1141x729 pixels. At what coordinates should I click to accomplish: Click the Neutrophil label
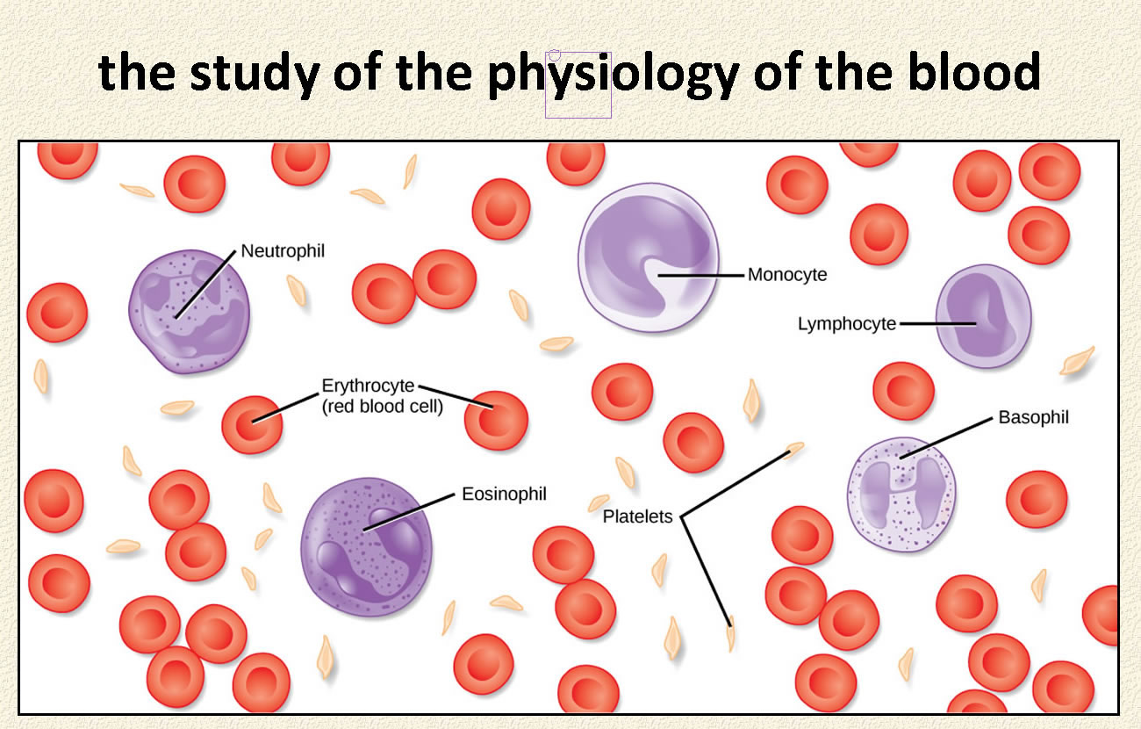pyautogui.click(x=283, y=251)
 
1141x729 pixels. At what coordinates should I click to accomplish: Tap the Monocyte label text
pyautogui.click(x=787, y=275)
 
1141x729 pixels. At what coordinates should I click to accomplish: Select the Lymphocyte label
pyautogui.click(x=847, y=324)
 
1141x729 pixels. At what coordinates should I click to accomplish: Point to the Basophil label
pyautogui.click(x=1033, y=417)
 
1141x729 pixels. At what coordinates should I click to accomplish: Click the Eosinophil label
pyautogui.click(x=504, y=494)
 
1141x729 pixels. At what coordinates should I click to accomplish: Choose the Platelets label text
pyautogui.click(x=637, y=516)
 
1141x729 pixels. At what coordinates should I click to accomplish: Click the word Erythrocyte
pyautogui.click(x=368, y=386)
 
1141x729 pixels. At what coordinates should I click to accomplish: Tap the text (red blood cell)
pyautogui.click(x=383, y=407)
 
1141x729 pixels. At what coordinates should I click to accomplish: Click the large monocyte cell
pyautogui.click(x=649, y=257)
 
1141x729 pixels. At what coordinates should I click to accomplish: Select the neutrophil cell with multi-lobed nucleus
pyautogui.click(x=189, y=312)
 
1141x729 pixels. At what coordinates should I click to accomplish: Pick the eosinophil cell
pyautogui.click(x=367, y=547)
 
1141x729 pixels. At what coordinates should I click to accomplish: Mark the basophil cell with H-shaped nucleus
pyautogui.click(x=901, y=494)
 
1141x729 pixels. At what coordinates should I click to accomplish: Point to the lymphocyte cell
pyautogui.click(x=984, y=316)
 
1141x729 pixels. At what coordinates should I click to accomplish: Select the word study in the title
pyautogui.click(x=255, y=76)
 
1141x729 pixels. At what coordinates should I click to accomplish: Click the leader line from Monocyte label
pyautogui.click(x=701, y=275)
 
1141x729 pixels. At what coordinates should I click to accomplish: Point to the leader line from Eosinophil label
pyautogui.click(x=408, y=512)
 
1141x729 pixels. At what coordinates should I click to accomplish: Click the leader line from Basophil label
pyautogui.click(x=946, y=438)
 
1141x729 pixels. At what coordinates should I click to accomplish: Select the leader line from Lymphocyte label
pyautogui.click(x=937, y=324)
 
